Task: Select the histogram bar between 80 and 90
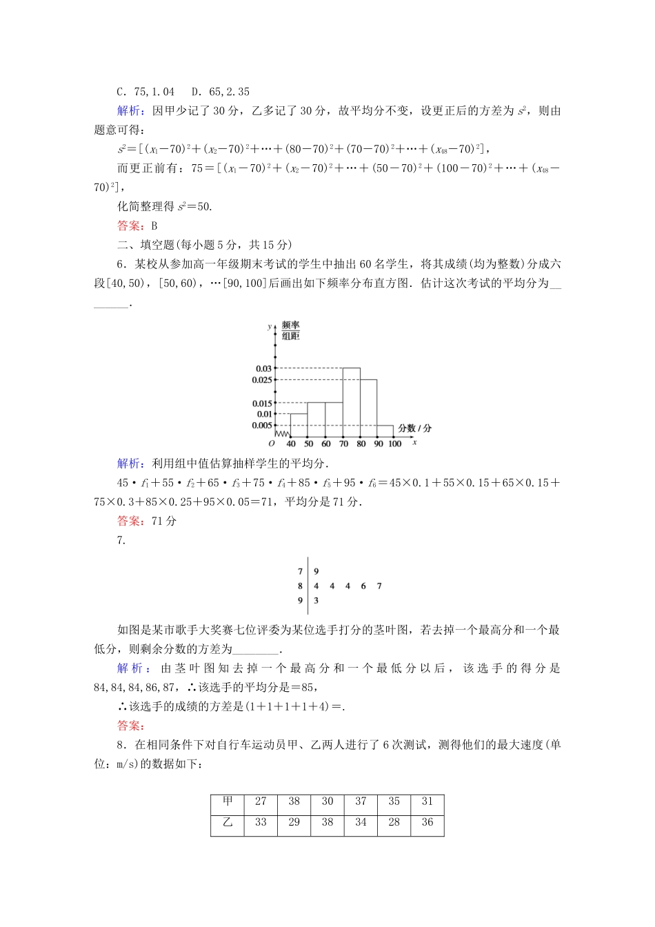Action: tap(369, 408)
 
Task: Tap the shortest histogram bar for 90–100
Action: tap(386, 431)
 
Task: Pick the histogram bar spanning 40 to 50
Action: tap(299, 425)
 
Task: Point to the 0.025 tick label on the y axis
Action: tap(262, 380)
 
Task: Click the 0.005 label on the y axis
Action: tap(262, 426)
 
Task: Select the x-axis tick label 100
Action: tap(394, 444)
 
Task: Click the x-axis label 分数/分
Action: tap(415, 428)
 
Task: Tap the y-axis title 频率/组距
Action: tap(291, 330)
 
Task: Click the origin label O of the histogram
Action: tap(272, 444)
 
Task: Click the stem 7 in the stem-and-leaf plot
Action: tap(300, 571)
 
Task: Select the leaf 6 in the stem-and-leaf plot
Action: tap(363, 586)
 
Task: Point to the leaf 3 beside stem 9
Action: tap(316, 601)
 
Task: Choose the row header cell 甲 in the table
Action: tap(228, 801)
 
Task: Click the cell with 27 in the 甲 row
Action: tap(261, 801)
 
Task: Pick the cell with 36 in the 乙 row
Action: tap(427, 822)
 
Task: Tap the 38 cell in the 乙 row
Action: tap(327, 822)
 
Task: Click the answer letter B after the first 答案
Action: tap(154, 226)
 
